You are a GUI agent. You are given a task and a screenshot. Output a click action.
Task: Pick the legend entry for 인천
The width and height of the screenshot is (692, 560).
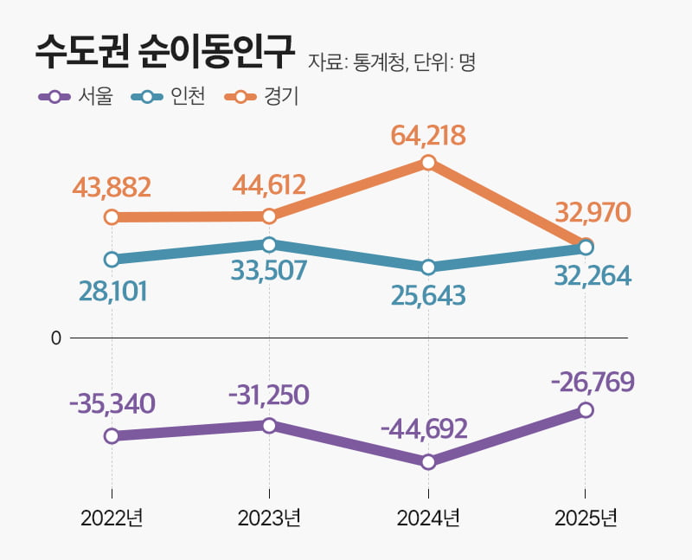[169, 96]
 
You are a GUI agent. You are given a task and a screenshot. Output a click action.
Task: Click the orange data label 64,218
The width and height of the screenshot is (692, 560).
[428, 135]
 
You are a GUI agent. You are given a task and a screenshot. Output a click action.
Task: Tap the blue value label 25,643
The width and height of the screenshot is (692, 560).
[428, 295]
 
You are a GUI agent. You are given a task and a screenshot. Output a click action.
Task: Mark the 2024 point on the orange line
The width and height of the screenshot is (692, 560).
[428, 162]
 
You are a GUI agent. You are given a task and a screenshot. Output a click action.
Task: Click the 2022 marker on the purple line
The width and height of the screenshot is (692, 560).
[112, 435]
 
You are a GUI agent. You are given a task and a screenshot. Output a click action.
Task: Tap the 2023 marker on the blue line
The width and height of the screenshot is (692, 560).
[269, 244]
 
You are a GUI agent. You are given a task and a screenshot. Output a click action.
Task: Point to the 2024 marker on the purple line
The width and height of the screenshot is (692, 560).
[428, 461]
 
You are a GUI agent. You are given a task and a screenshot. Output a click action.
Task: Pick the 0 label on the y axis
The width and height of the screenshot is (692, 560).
[56, 338]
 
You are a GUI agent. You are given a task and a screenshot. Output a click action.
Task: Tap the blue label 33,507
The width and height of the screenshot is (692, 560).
[269, 271]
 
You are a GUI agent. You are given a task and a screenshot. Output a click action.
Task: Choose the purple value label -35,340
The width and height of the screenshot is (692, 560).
[112, 403]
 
